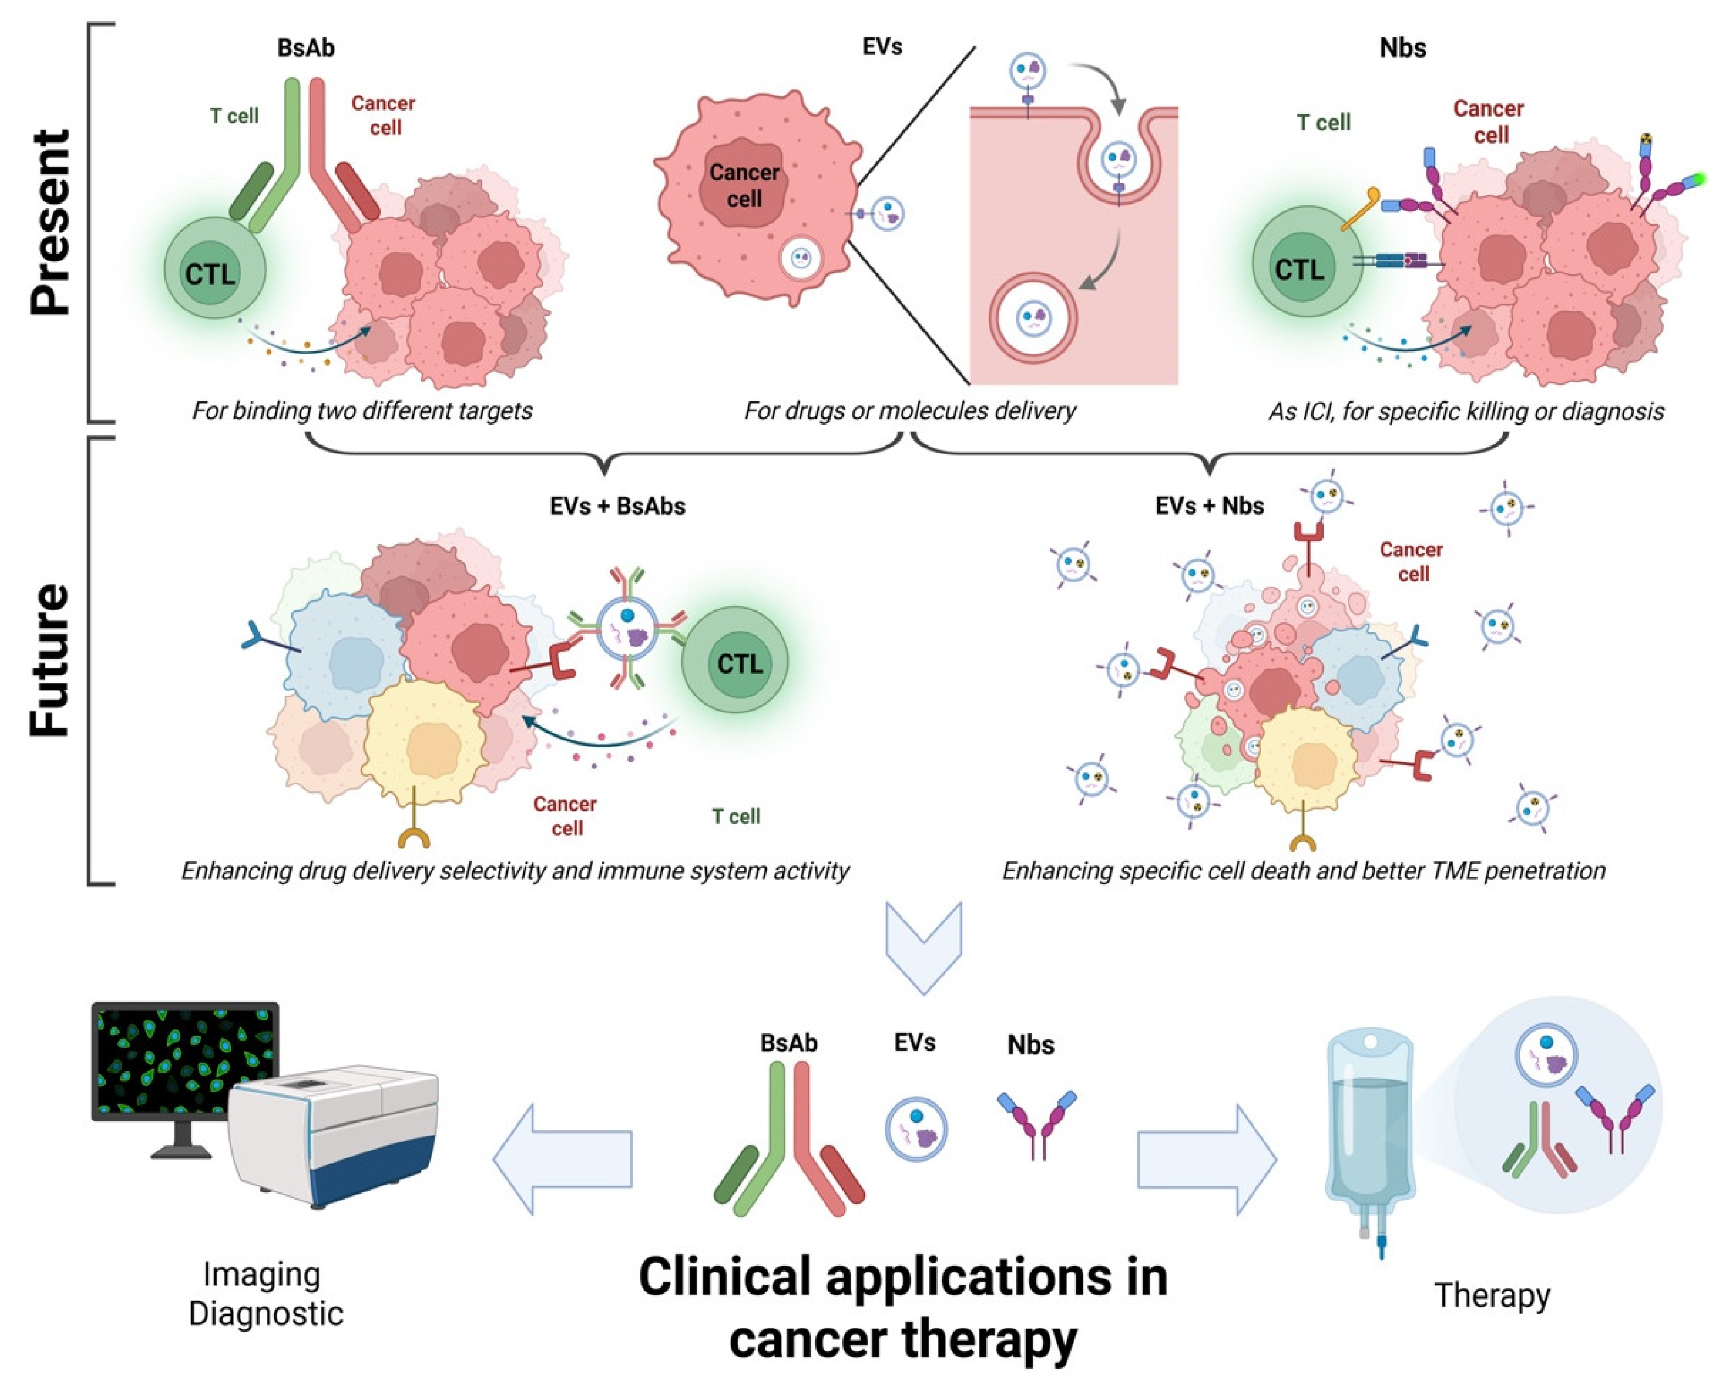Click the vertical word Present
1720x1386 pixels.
coord(50,222)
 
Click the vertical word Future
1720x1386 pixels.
coord(50,659)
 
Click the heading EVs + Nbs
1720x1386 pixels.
coord(1209,506)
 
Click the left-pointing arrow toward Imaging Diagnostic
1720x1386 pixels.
coord(563,1158)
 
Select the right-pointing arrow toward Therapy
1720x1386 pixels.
coord(1206,1158)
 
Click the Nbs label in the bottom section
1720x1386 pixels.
coord(1030,1044)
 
